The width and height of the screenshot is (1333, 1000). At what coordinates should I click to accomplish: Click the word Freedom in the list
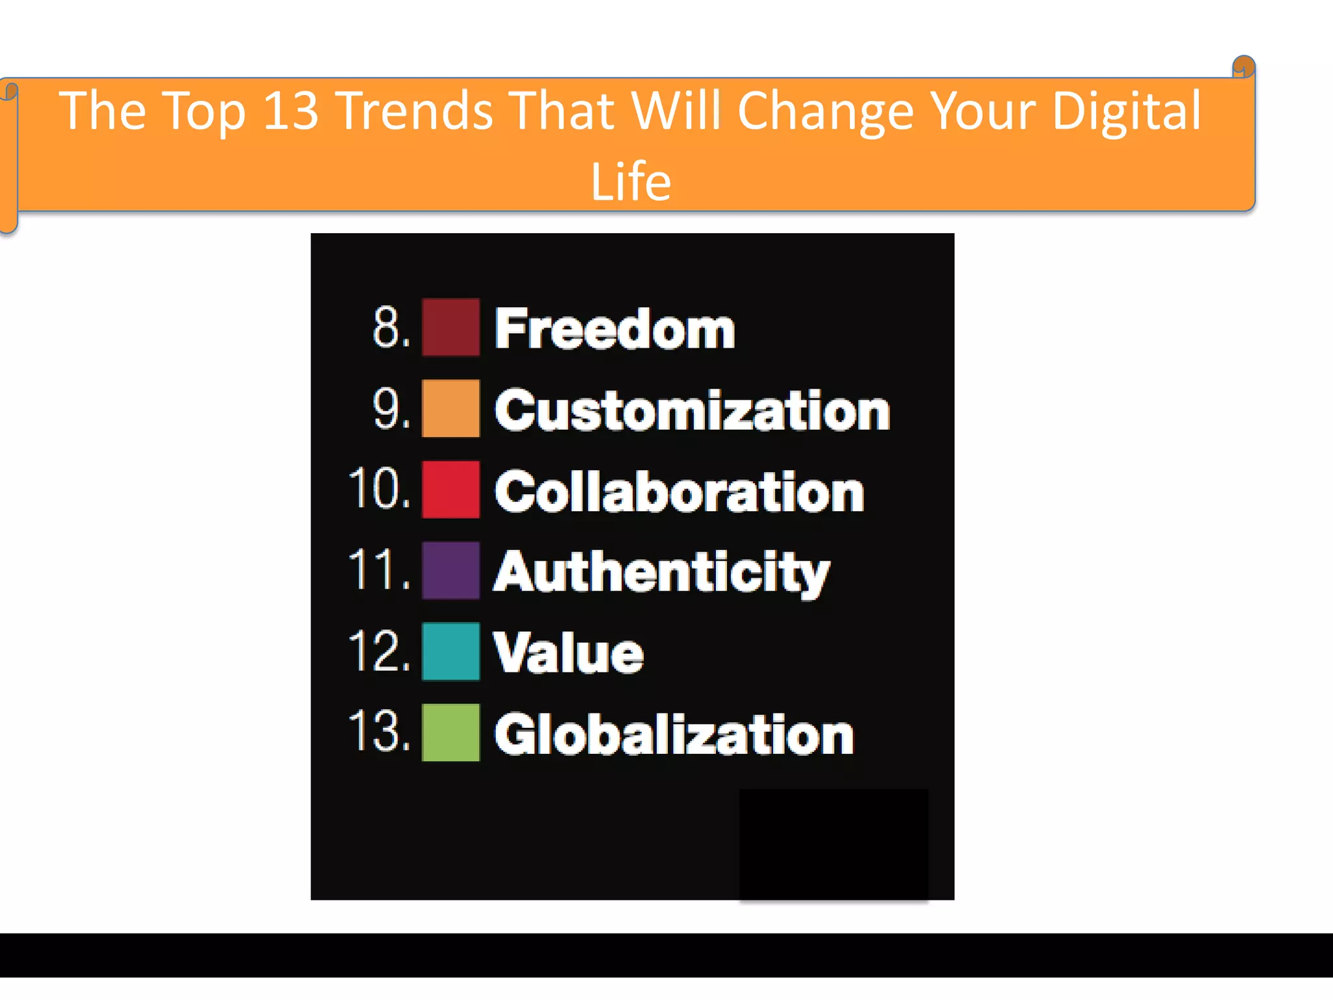coord(614,329)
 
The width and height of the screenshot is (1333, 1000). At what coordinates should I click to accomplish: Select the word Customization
coord(692,410)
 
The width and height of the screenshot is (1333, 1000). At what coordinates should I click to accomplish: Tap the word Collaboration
coord(679,492)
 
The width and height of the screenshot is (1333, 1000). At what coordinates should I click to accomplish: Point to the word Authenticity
coord(661,572)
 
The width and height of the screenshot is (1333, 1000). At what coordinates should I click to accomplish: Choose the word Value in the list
coord(568,653)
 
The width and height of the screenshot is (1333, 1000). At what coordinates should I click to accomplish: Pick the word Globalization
coord(674,734)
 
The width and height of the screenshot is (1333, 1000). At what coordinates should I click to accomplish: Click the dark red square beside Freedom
coord(450,327)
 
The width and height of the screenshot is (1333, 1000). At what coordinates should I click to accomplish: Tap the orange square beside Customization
coord(450,408)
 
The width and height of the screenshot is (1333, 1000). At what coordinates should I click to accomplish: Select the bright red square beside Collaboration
coord(450,490)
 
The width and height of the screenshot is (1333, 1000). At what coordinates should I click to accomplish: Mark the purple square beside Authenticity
coord(450,570)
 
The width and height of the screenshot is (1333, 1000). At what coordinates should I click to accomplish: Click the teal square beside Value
coord(450,651)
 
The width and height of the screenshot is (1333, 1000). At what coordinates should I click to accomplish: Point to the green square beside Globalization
coord(450,732)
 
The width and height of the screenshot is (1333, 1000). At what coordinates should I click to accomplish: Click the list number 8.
coord(391,327)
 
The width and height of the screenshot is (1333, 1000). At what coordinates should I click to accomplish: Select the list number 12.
coord(379,650)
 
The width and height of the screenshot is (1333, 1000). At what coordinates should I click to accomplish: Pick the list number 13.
coord(379,731)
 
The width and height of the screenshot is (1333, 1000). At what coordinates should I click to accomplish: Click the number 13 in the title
coord(291,111)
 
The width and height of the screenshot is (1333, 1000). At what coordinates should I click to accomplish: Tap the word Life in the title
coord(630,181)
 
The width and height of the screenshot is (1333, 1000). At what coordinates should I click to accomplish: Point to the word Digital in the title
coord(1126,112)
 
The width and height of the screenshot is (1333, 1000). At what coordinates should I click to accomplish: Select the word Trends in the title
coord(416,111)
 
